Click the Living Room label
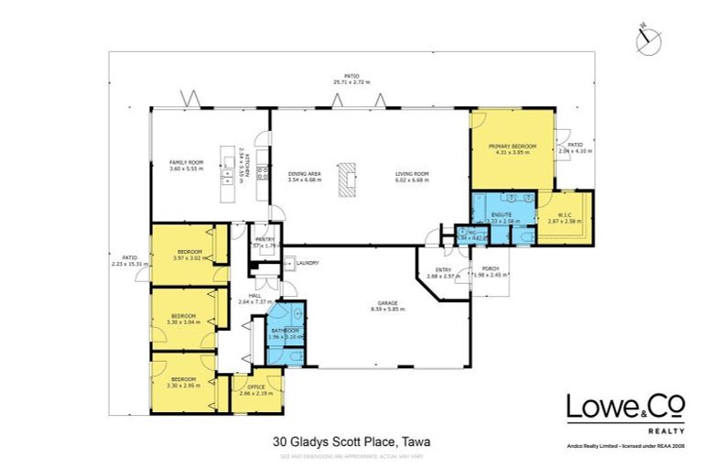(x=411, y=174)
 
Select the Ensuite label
(x=501, y=215)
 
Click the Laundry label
(x=307, y=263)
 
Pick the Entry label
(x=443, y=268)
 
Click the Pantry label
(x=265, y=239)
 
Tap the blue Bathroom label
(x=284, y=331)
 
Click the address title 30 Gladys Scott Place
(x=351, y=441)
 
